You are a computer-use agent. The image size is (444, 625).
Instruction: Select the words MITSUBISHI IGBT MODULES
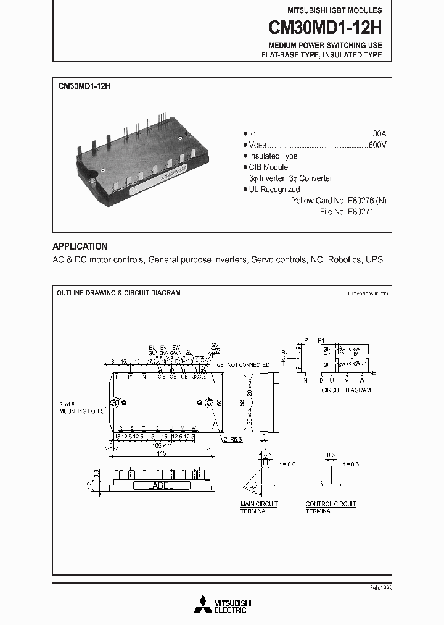(335, 10)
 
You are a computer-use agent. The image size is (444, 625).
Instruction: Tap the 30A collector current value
(379, 133)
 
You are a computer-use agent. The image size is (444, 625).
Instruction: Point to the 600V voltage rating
(377, 145)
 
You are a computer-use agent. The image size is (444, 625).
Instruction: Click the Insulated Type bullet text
(273, 156)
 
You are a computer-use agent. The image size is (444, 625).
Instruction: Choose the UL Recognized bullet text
(274, 190)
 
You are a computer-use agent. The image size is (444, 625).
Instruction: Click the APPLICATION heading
(80, 246)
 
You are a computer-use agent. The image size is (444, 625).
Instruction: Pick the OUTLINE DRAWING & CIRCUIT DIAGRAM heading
(118, 293)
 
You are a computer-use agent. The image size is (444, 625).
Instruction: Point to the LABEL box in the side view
(160, 486)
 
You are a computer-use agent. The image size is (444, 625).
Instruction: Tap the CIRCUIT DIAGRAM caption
(346, 390)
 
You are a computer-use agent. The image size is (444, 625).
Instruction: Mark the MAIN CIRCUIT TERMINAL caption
(259, 508)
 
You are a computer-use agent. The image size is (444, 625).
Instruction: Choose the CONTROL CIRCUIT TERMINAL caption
(331, 508)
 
